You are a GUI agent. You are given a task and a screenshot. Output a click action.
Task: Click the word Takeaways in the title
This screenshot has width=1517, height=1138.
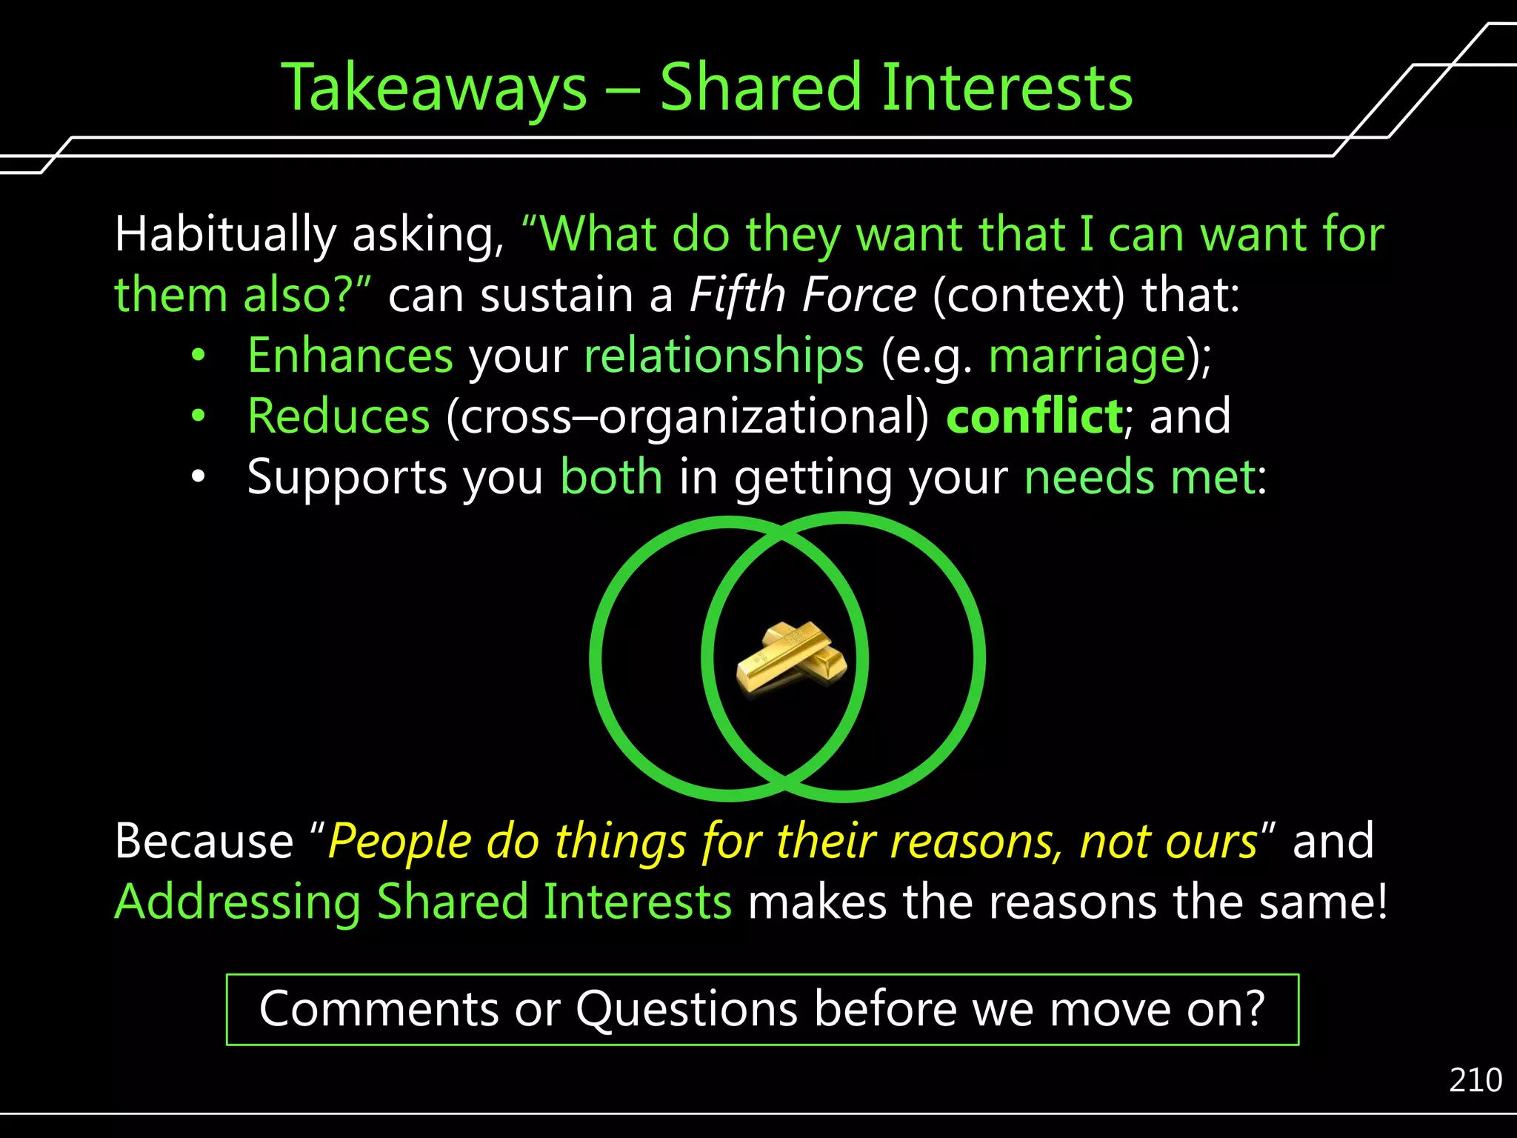[x=433, y=89]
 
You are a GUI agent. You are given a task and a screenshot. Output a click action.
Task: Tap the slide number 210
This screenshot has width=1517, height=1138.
[x=1475, y=1080]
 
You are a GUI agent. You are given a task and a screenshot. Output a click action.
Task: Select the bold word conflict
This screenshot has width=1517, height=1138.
[x=1034, y=416]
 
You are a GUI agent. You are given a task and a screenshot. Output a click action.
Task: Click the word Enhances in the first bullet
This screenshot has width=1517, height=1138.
[x=350, y=356]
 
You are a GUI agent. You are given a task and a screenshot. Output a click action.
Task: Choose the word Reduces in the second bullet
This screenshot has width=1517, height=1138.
[x=339, y=416]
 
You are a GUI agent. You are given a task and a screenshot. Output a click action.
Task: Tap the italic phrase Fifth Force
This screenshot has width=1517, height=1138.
[x=803, y=295]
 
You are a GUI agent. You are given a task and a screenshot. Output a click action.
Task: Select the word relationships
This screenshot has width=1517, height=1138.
[x=724, y=356]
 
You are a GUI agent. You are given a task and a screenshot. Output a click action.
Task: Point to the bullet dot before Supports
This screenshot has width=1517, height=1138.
[x=197, y=478]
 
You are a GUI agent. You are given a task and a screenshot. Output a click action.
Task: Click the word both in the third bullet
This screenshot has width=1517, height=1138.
[x=611, y=477]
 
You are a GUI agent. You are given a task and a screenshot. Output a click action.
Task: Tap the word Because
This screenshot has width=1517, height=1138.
[x=204, y=842]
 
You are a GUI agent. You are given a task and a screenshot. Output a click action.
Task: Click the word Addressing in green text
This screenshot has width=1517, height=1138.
[x=237, y=902]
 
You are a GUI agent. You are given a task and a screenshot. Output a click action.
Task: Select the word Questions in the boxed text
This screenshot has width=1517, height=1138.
[x=687, y=1009]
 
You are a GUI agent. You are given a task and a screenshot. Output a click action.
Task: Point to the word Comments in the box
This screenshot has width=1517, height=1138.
[x=379, y=1009]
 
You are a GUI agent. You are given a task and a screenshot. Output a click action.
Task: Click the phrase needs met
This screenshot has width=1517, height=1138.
[x=1141, y=477]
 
